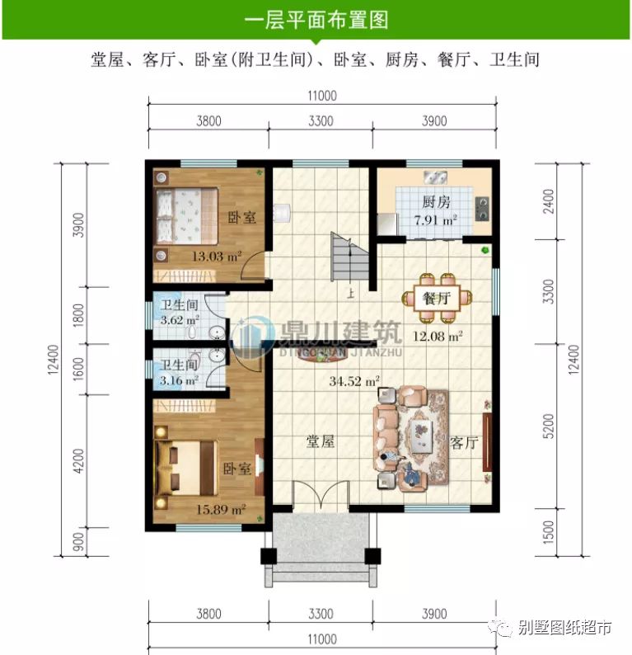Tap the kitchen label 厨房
pyautogui.click(x=436, y=202)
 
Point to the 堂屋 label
pyautogui.click(x=321, y=441)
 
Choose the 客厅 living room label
pyautogui.click(x=465, y=443)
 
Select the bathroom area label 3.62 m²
pyautogui.click(x=177, y=319)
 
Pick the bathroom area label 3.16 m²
pyautogui.click(x=177, y=380)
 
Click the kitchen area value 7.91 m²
pyautogui.click(x=435, y=220)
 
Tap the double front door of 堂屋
pyautogui.click(x=316, y=497)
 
